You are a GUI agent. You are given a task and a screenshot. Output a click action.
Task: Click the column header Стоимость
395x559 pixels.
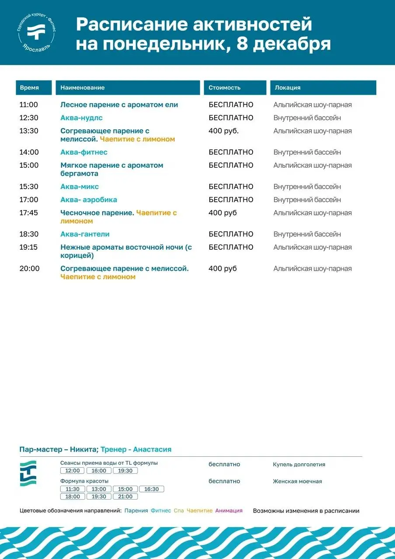coord(225,88)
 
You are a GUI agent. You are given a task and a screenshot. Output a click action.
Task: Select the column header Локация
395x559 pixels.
coord(288,88)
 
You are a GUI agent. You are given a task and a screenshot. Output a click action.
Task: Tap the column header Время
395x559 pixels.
coord(29,88)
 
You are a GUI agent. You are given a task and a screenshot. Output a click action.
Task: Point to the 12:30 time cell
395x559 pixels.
coord(29,118)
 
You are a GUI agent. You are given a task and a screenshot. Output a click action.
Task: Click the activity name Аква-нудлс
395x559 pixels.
coord(81,118)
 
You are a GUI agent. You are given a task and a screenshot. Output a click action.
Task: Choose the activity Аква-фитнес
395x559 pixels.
coord(84,152)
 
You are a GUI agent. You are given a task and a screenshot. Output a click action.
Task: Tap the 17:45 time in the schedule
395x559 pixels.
coord(29,213)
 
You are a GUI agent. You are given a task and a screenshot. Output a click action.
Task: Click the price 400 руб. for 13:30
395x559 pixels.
coord(224,131)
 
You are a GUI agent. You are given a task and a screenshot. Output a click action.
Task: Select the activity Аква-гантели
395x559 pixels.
coord(85,235)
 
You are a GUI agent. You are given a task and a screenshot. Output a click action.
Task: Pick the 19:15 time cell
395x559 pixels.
coord(28,247)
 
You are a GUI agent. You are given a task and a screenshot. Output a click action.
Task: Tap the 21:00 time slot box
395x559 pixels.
coord(125,497)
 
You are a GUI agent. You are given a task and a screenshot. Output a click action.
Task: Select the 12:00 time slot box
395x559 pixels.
coord(73,471)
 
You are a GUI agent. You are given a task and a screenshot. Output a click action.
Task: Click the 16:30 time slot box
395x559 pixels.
coord(152,489)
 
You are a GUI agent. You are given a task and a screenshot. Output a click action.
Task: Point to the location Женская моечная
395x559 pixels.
coord(297,481)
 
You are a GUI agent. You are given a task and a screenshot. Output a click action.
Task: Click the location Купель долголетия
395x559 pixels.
coord(299,465)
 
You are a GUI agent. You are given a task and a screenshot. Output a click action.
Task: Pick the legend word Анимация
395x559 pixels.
coord(229,511)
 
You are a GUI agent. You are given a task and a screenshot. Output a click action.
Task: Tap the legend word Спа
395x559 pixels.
coord(179,511)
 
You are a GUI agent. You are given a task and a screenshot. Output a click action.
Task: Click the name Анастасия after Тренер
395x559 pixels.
coord(152,449)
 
